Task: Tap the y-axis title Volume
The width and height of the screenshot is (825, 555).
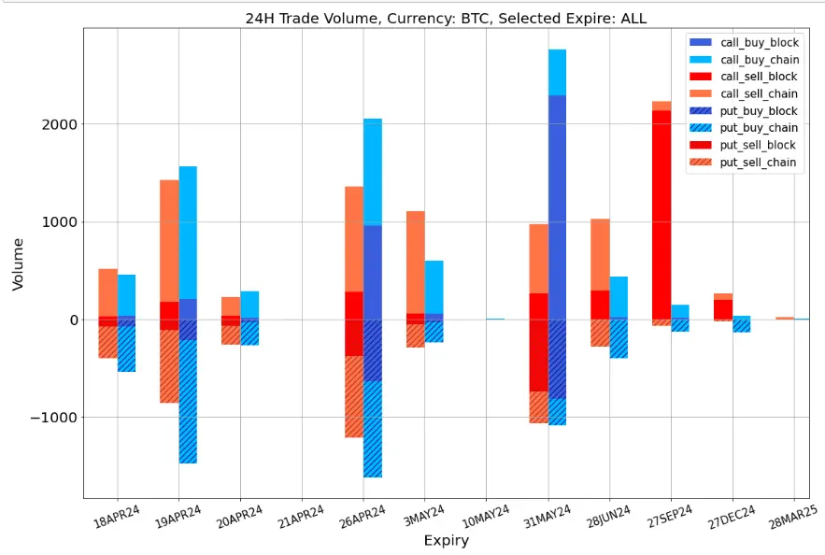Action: pos(19,263)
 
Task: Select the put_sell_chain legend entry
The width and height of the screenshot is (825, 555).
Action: pos(758,163)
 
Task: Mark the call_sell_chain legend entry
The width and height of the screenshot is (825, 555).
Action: pos(758,93)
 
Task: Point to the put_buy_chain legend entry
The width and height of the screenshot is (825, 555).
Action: pos(758,128)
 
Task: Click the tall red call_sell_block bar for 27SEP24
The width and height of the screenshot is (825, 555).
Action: pos(661,215)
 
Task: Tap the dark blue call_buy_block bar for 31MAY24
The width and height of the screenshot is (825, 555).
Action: pos(557,206)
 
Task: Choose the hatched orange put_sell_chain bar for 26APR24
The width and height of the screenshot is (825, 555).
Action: pos(354,397)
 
